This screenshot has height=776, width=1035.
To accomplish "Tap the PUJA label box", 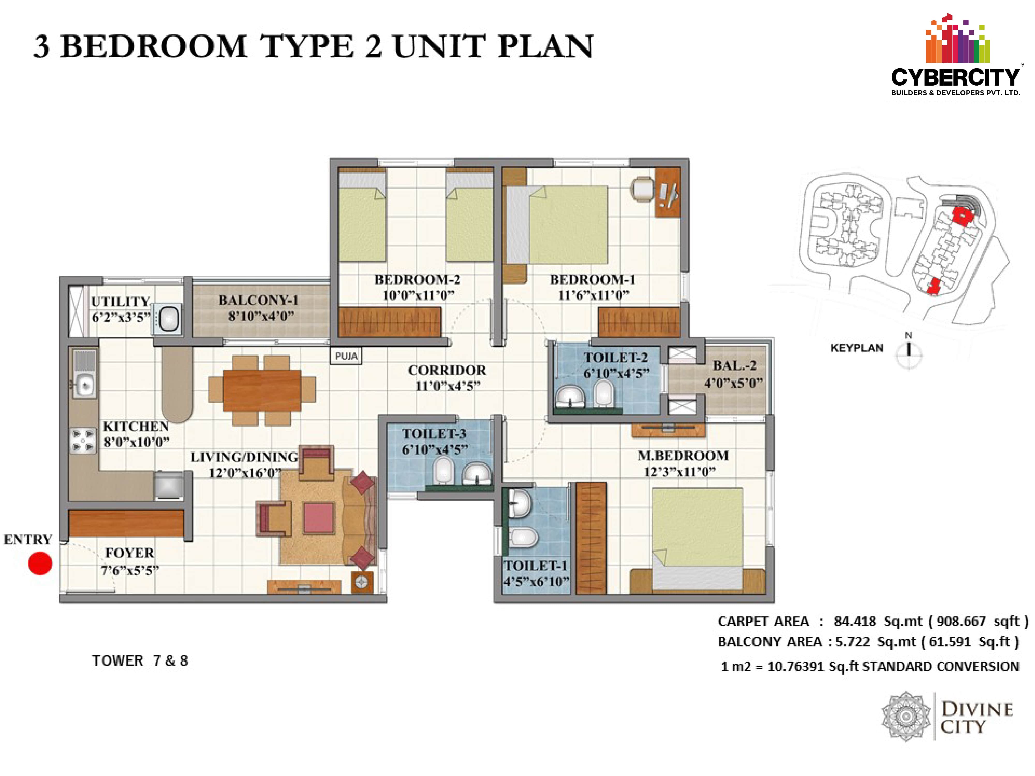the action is (346, 356).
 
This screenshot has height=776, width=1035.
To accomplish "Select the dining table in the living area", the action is (262, 391).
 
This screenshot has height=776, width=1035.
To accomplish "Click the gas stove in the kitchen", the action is (83, 441).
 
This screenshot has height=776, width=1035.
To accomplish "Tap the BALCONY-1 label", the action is (258, 300).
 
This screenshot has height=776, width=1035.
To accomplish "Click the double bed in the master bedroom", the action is (697, 538).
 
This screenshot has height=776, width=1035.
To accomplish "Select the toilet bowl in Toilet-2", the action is (604, 393).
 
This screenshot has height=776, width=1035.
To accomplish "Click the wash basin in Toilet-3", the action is (477, 474).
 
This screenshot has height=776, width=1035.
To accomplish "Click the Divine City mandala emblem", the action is (906, 716).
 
